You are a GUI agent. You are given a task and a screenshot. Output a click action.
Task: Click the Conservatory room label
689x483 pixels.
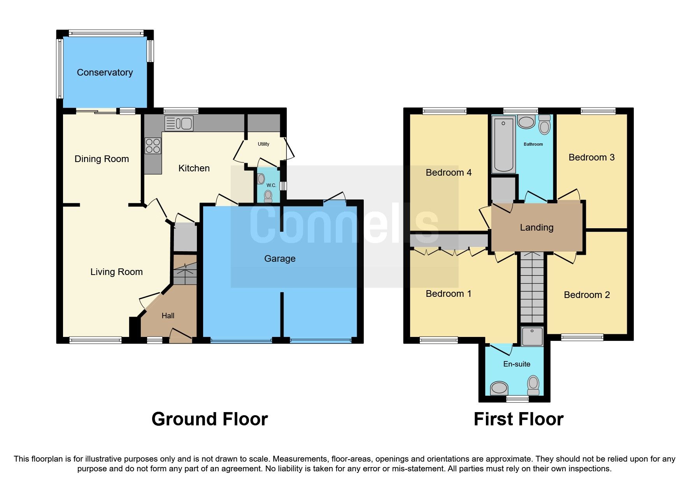(105, 72)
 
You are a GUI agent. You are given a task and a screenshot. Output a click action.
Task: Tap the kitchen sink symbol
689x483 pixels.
(179, 123)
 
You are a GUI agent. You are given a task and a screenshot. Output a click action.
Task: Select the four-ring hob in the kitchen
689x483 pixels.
(153, 146)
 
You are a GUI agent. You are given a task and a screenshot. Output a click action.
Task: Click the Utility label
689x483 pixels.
(263, 144)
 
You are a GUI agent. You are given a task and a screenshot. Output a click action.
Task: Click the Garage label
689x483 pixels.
(280, 259)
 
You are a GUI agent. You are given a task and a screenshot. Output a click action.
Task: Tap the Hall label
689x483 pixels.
(168, 316)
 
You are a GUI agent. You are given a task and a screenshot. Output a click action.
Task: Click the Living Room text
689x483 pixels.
(116, 272)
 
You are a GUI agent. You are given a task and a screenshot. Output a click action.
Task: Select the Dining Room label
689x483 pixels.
(102, 159)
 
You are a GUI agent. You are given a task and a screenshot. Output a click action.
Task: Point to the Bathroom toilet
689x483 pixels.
(545, 125)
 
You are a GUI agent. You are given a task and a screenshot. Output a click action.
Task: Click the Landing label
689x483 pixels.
(536, 227)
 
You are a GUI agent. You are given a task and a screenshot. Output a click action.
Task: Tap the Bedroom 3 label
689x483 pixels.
(591, 157)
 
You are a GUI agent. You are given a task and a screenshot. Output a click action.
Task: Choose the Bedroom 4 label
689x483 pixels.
(449, 173)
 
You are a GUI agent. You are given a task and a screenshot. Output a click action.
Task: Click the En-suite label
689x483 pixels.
(517, 364)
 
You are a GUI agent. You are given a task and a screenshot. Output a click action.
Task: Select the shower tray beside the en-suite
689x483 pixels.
(532, 336)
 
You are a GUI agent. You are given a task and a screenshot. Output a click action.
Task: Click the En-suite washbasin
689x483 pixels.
(499, 388)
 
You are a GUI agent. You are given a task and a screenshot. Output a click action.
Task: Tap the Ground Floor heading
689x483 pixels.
(210, 419)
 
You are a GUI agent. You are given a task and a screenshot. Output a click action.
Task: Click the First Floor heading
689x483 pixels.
(518, 419)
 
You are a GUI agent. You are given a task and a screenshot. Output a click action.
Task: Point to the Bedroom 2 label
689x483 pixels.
(587, 295)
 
